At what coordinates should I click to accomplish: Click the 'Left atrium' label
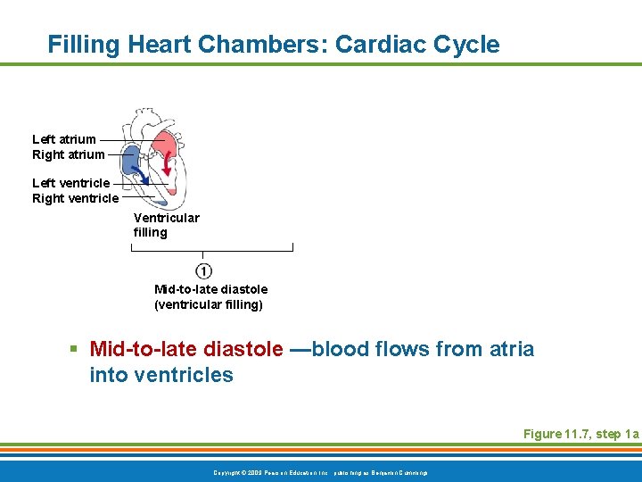[64, 139]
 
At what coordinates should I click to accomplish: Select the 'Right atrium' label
[68, 154]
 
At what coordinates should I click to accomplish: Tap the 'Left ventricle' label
[71, 183]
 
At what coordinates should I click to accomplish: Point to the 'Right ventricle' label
[75, 198]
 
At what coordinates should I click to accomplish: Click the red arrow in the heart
[168, 160]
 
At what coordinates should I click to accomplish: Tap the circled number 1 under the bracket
[203, 271]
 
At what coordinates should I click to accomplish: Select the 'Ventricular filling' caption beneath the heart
[166, 225]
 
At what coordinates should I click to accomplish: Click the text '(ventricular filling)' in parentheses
[210, 304]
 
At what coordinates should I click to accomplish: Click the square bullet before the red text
[78, 350]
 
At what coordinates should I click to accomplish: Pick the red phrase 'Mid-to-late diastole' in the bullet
[186, 349]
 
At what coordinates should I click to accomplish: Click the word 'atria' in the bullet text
[512, 349]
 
